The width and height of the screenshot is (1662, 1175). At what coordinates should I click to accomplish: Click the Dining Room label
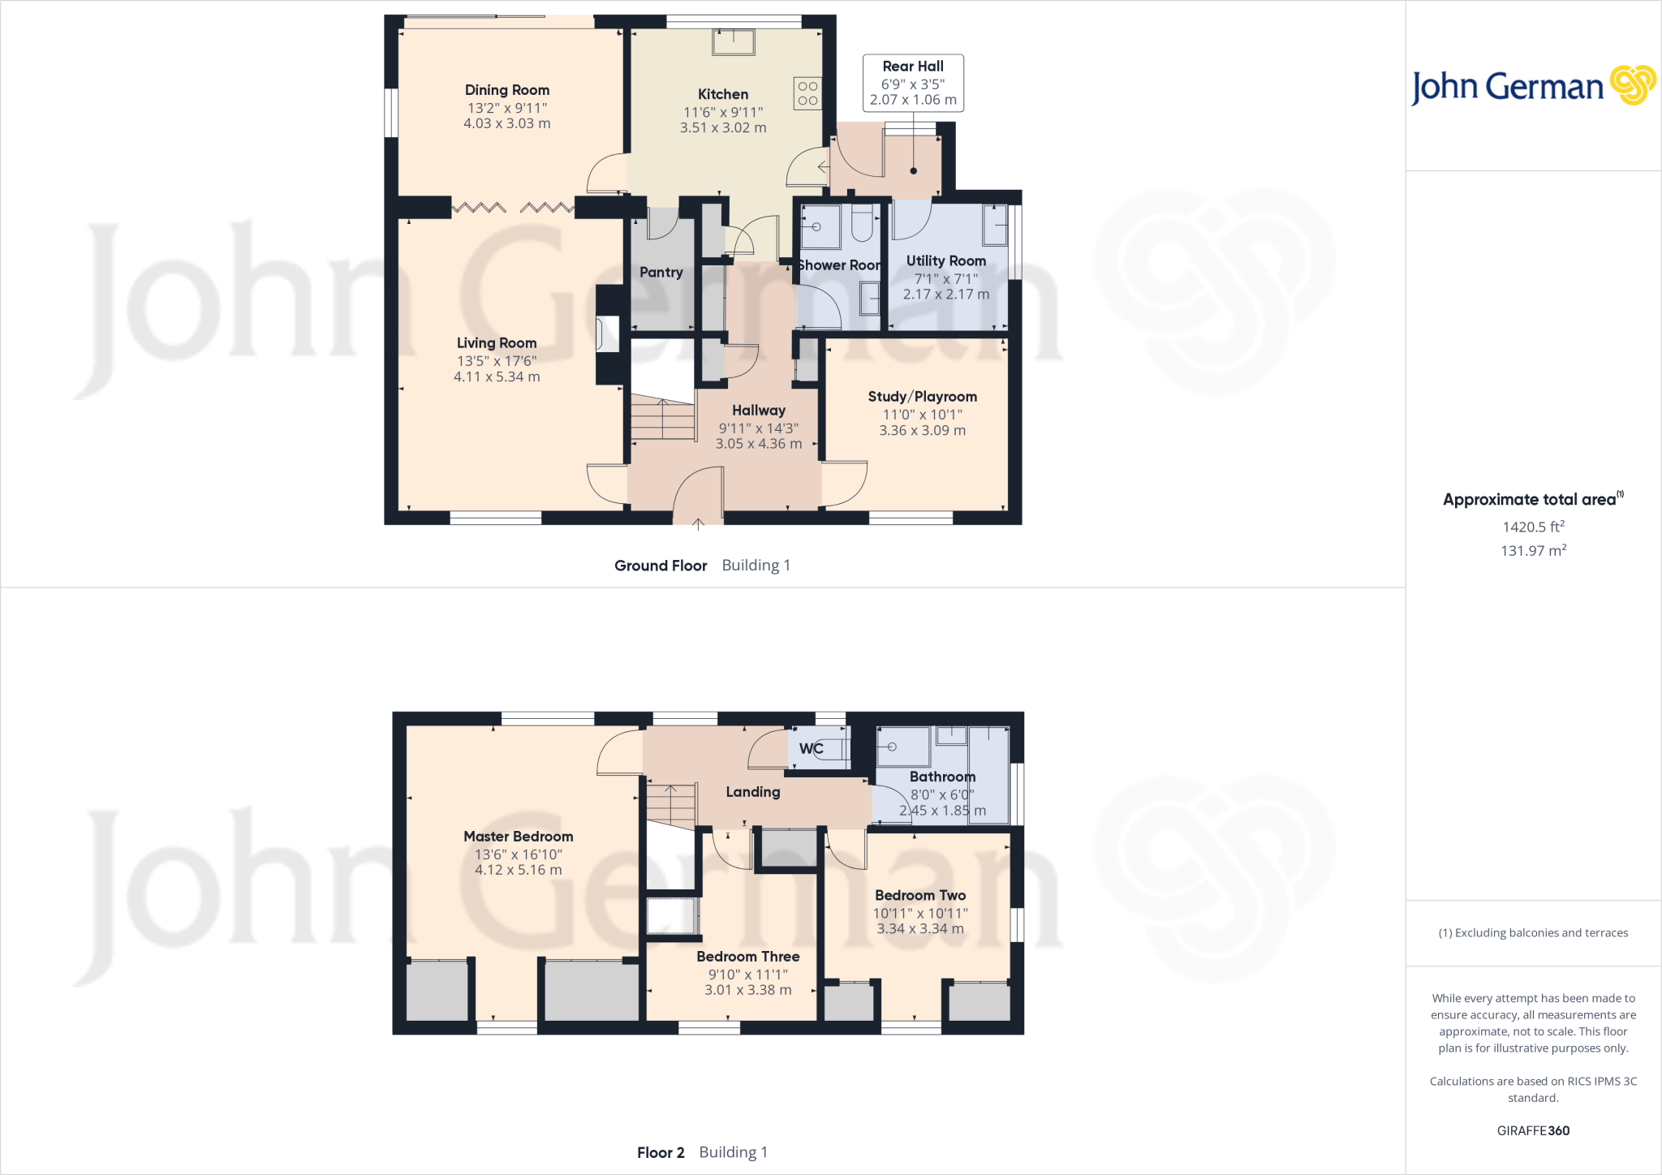(x=507, y=90)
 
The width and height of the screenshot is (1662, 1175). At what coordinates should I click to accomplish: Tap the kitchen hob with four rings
(x=807, y=93)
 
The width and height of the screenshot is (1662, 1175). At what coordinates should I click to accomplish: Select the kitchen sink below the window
(x=733, y=41)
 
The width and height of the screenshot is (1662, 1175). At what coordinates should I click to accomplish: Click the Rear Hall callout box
(x=913, y=83)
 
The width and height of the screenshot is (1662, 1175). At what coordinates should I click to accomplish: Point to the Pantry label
(x=661, y=273)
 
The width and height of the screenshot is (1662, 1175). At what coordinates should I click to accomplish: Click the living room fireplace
(x=606, y=334)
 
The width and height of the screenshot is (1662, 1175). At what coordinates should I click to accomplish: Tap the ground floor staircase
(x=663, y=419)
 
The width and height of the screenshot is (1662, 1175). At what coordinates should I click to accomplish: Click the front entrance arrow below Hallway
(x=698, y=524)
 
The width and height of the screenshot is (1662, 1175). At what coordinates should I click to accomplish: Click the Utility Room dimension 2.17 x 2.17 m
(x=946, y=295)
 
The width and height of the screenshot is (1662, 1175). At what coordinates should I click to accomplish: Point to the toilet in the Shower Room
(x=862, y=222)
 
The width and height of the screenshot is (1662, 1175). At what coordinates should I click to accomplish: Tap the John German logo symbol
(x=1633, y=85)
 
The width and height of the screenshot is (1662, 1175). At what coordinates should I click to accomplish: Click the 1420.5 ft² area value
(x=1533, y=527)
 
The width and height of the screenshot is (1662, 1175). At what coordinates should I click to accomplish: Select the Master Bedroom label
(x=518, y=837)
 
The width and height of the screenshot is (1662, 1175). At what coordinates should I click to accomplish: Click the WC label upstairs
(x=811, y=749)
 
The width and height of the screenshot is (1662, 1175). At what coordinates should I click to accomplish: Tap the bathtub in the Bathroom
(x=988, y=775)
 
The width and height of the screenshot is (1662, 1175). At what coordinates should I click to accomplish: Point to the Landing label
(x=753, y=792)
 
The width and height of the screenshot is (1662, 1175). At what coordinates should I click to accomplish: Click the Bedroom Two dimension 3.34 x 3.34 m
(x=920, y=929)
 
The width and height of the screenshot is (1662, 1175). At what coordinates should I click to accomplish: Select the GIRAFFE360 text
(x=1533, y=1130)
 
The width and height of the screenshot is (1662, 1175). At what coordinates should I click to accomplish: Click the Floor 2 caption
(x=661, y=1152)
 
